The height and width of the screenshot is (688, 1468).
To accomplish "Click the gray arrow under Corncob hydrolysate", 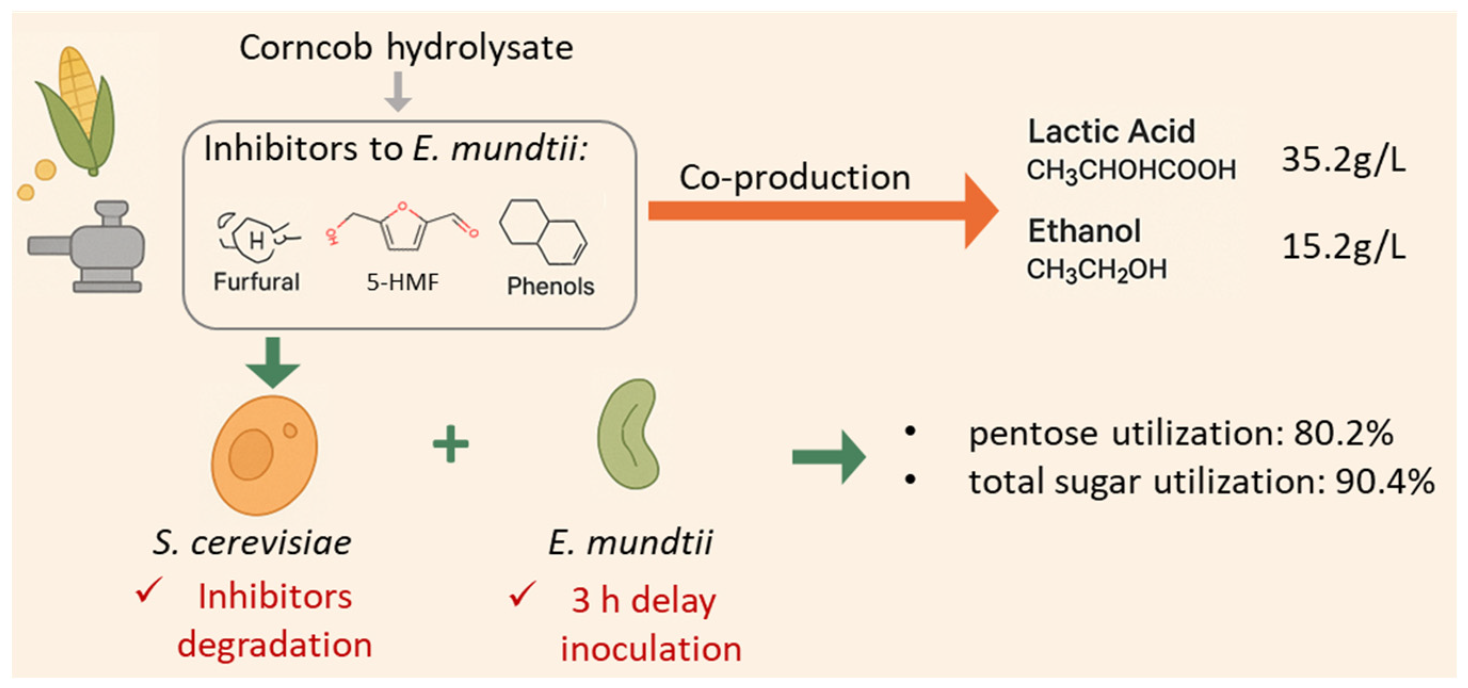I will pos(398,91).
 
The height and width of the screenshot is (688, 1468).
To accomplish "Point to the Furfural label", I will pos(256,282).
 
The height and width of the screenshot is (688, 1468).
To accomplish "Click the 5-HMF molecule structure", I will pos(402,228).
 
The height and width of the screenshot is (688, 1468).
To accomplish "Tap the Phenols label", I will pos(551,286).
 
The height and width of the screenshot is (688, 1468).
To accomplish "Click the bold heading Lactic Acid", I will pos(1111,132).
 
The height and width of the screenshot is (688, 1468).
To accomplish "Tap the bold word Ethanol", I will pos(1084,231).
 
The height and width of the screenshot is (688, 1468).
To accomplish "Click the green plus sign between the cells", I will pos(451,444).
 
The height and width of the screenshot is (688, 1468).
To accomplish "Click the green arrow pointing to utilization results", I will pos(829,457).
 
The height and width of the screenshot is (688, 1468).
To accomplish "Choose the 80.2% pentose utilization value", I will pos(1343,434).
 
